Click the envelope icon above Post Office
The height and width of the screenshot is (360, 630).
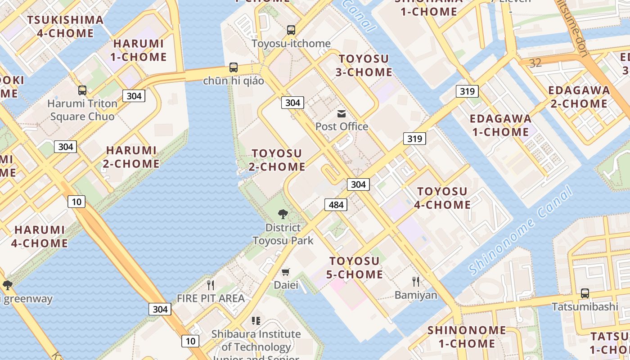pos(342,113)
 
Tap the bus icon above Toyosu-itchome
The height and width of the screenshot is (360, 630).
pos(291,30)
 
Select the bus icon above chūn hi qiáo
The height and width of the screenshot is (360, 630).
pos(233,67)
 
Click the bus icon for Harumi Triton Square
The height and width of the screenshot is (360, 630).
pos(82,90)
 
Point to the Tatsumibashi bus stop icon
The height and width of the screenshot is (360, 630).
pos(585,293)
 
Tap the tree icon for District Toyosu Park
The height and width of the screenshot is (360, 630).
pos(283,214)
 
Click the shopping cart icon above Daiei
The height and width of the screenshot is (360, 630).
pos(286,272)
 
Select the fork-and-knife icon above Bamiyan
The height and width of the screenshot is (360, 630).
pos(416,282)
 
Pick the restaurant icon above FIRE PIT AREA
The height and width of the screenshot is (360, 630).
pos(210,284)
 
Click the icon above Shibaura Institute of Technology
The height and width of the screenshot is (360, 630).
pos(256,321)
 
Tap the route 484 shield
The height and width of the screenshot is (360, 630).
pos(336,205)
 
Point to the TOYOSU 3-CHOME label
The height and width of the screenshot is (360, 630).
pos(365,65)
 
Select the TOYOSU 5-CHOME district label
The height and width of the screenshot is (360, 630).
pos(356,268)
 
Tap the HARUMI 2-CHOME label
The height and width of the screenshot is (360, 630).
pos(131,157)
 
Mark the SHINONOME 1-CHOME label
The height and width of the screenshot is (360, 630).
pos(461,337)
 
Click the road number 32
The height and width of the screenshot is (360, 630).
pos(535,63)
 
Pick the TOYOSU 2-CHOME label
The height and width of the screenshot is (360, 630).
pos(277,160)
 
